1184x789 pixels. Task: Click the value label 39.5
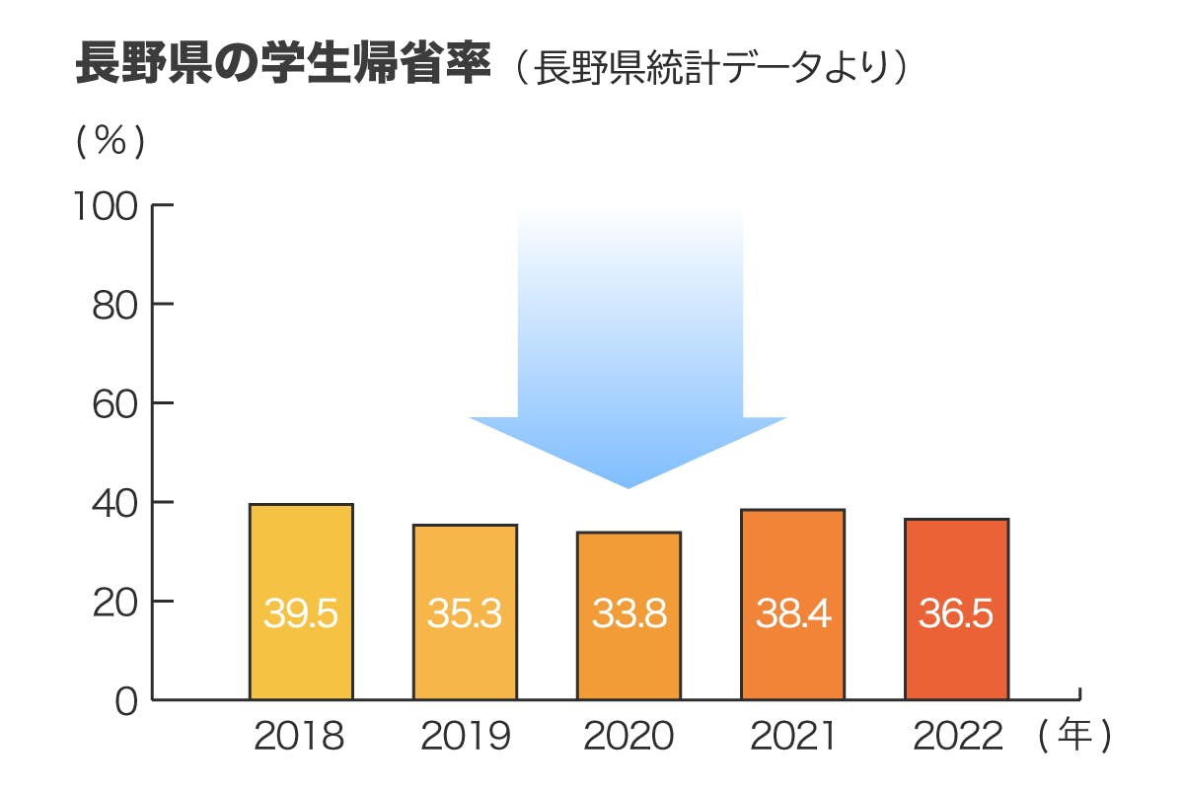click(301, 614)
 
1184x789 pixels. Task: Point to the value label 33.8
click(629, 614)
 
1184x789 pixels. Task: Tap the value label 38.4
click(793, 614)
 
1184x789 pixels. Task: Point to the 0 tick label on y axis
click(125, 701)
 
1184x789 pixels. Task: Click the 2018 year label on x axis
click(300, 737)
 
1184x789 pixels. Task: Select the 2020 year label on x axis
click(629, 737)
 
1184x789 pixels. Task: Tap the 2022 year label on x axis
click(957, 737)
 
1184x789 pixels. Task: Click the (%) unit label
click(111, 142)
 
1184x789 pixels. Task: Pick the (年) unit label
click(1074, 736)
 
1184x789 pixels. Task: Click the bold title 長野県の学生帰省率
click(283, 65)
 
